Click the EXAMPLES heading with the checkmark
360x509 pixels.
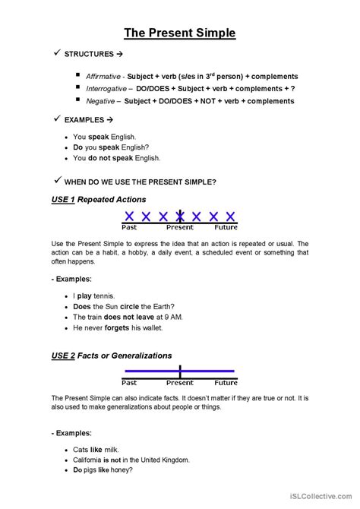[x=89, y=120]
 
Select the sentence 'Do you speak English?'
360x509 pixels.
[x=110, y=147]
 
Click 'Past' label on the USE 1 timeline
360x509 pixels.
[x=130, y=227]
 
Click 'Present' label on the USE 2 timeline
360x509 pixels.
[x=180, y=383]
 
